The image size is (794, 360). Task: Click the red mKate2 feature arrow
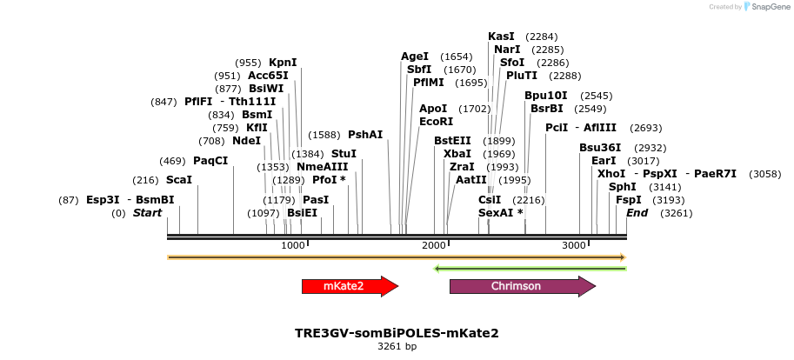pos(349,286)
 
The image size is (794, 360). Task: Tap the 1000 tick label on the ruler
pos(293,246)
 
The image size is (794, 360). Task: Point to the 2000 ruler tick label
pos(434,246)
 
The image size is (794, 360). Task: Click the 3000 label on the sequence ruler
pos(575,246)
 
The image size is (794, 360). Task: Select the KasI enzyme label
pos(502,37)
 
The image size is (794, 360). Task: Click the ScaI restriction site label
pos(179,180)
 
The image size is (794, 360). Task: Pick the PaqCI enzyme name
pos(210,161)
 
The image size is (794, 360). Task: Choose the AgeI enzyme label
pos(415,57)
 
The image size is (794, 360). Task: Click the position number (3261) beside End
pos(677,213)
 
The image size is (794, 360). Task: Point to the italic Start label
pos(147,213)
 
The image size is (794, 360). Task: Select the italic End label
pos(637,213)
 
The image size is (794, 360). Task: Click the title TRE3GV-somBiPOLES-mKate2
pos(397,333)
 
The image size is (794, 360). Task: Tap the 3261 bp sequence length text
pos(397,346)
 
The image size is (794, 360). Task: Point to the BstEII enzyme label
pos(452,141)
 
